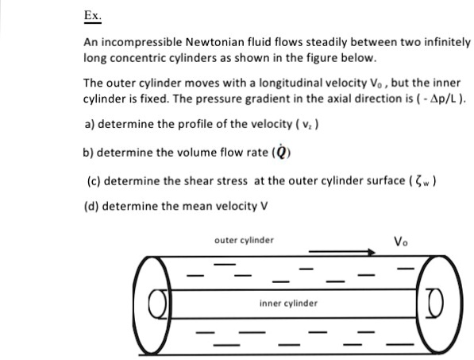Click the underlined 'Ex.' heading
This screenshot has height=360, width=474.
[93, 16]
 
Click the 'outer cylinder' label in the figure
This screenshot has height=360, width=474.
[244, 239]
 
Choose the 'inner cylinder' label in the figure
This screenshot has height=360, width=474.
[288, 303]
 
